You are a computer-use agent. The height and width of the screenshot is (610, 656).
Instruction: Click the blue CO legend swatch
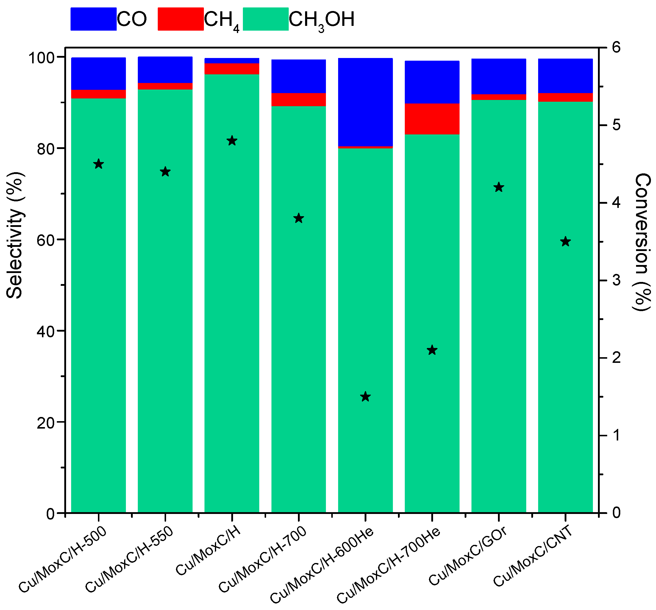(93, 19)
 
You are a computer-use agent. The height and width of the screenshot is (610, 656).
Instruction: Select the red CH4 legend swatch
(180, 19)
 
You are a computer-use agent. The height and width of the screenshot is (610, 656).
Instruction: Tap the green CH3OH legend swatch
(265, 19)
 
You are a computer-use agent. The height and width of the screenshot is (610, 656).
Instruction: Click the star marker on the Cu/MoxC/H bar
(232, 141)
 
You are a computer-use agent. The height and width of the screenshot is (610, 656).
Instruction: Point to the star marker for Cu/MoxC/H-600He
(365, 397)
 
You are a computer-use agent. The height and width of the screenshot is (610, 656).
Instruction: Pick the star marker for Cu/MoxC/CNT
(566, 242)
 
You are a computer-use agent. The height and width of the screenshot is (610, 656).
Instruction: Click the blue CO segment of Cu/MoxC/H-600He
(365, 102)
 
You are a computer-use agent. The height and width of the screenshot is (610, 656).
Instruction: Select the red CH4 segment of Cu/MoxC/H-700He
(432, 119)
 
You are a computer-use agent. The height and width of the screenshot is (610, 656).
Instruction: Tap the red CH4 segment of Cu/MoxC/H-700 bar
(299, 99)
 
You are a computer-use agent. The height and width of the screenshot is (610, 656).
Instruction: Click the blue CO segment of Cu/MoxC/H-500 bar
(98, 73)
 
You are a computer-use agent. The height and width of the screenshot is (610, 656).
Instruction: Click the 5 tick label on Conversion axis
(616, 125)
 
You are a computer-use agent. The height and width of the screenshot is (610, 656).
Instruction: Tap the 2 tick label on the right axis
(616, 358)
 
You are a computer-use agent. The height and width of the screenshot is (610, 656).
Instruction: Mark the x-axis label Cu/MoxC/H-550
(129, 559)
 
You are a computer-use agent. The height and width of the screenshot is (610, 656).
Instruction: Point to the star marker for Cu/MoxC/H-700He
(432, 350)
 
